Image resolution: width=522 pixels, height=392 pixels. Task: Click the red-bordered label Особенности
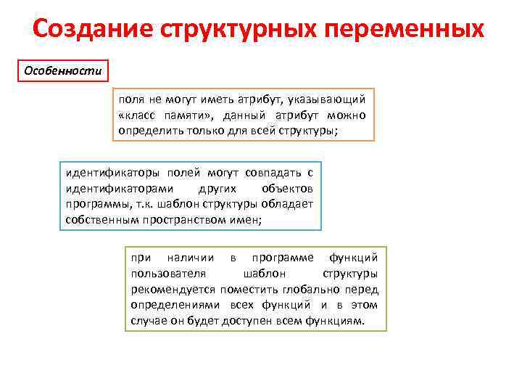(x=63, y=71)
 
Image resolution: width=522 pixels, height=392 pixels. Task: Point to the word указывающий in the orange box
(x=327, y=99)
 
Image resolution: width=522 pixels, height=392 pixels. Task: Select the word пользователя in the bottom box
(x=168, y=273)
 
